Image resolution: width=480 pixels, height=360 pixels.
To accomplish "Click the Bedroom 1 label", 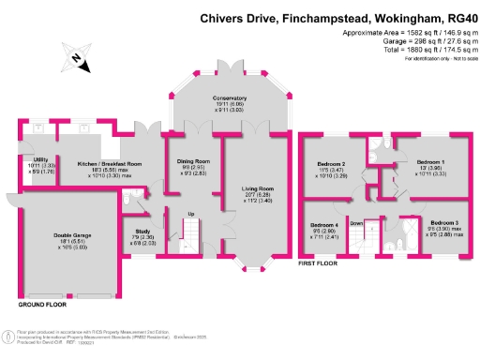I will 428,162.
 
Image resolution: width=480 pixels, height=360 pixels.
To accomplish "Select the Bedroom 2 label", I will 335,164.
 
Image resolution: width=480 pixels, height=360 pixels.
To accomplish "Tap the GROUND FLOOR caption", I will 44,305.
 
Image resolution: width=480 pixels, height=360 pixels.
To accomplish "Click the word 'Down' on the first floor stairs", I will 356,224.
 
